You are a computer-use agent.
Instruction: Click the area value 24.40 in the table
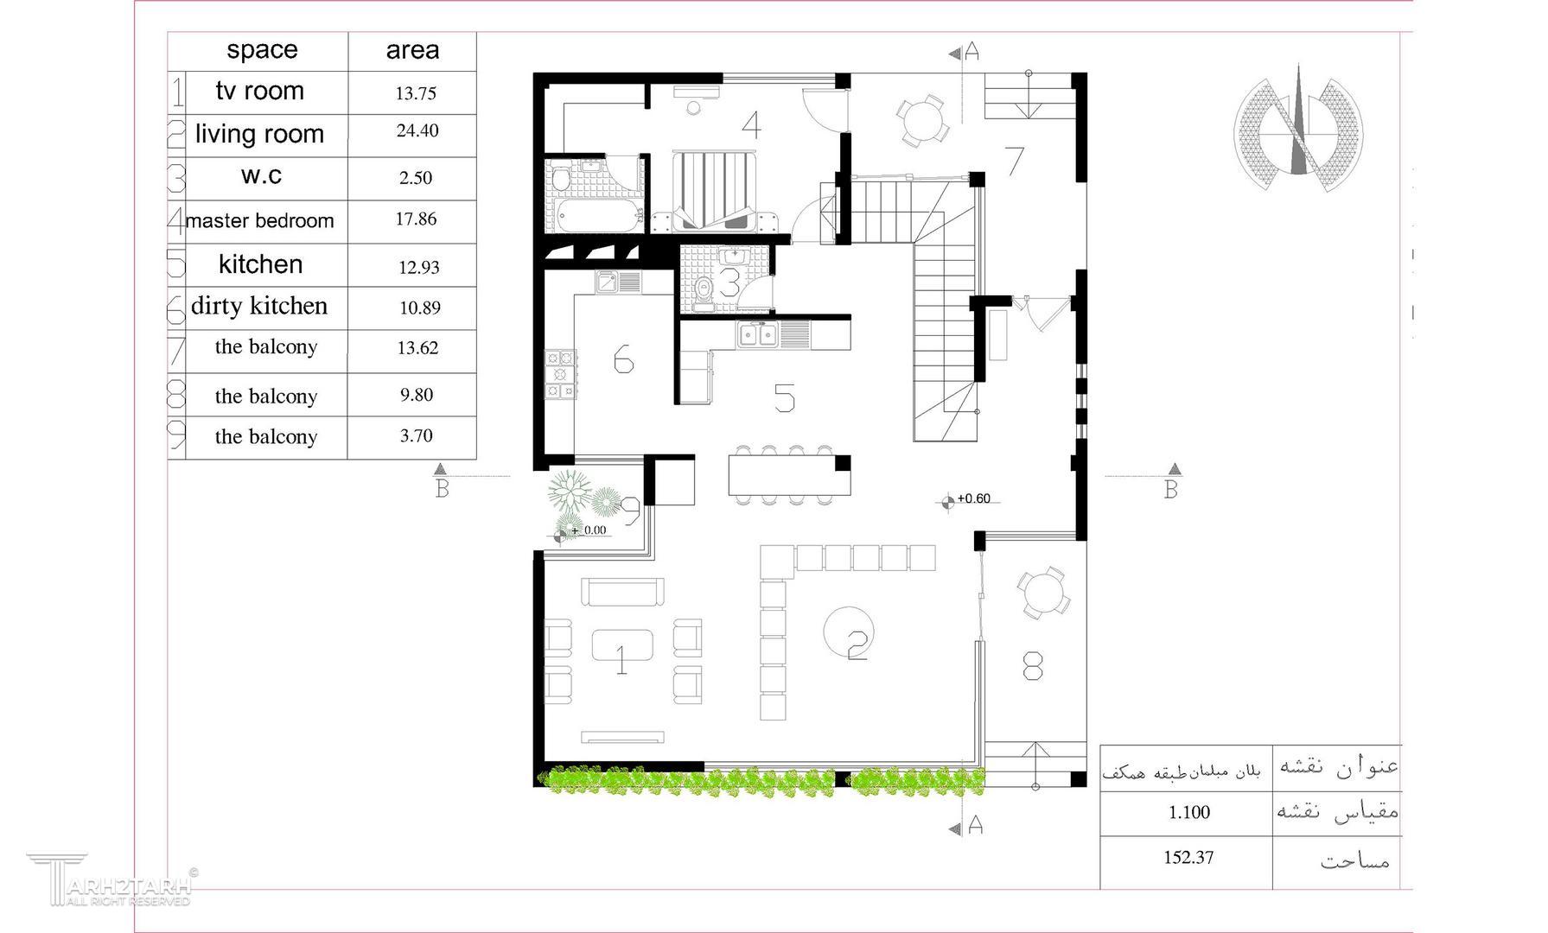click(x=417, y=131)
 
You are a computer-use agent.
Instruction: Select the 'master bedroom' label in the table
click(x=259, y=221)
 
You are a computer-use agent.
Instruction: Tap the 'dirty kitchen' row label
click(x=259, y=306)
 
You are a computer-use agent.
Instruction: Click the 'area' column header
click(x=412, y=50)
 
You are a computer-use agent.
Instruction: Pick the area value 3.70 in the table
click(x=417, y=436)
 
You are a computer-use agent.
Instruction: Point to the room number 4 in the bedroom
click(x=751, y=125)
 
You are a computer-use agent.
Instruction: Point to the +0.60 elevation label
click(x=973, y=498)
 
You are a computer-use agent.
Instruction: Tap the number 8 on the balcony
click(x=1032, y=666)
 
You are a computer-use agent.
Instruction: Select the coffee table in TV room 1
click(x=622, y=646)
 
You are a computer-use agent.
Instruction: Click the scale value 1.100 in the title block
click(x=1189, y=812)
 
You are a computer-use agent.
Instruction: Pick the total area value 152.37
click(x=1188, y=858)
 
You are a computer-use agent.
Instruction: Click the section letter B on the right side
click(x=1171, y=490)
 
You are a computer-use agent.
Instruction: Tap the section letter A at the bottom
click(x=975, y=826)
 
